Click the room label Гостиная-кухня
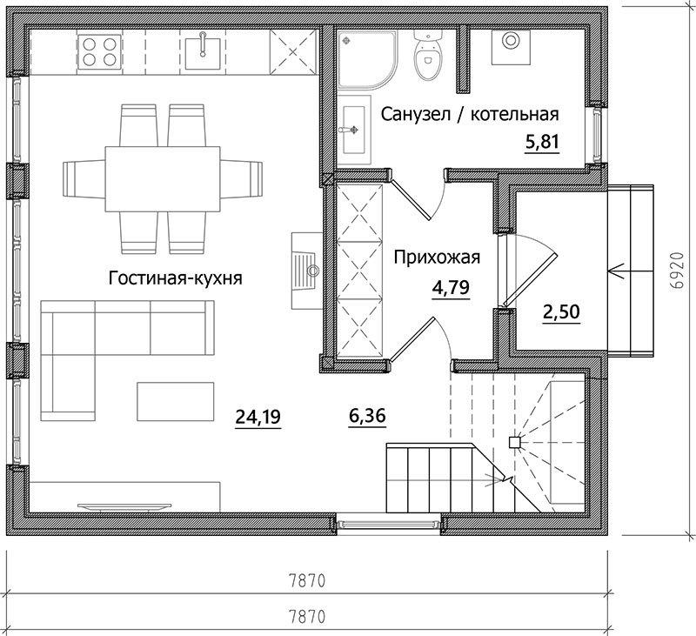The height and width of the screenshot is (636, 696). click(x=176, y=278)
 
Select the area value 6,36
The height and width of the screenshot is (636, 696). click(x=367, y=416)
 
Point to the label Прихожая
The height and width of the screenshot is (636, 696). click(x=438, y=258)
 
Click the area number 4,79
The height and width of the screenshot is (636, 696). click(x=451, y=288)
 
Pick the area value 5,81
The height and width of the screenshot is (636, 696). click(x=541, y=143)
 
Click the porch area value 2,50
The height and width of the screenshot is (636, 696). click(x=561, y=311)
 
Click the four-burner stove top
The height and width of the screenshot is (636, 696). click(x=99, y=52)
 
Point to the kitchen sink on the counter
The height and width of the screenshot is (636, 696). click(x=203, y=52)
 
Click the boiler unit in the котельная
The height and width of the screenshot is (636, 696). click(x=511, y=47)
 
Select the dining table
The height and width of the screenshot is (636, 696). click(x=163, y=179)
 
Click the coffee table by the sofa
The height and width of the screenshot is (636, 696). click(x=176, y=401)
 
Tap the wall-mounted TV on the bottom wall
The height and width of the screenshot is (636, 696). click(x=124, y=506)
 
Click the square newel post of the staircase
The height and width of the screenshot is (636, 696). click(x=514, y=443)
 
